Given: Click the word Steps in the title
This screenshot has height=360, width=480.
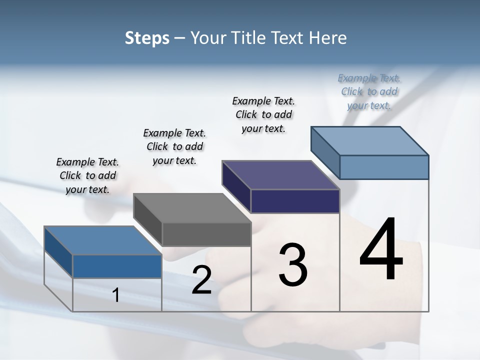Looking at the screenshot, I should [147, 38].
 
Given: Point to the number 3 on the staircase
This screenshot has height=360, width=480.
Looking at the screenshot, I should [293, 265].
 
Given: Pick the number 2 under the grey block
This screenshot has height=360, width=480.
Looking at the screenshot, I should [201, 280].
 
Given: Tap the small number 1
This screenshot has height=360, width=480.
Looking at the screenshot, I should [116, 295].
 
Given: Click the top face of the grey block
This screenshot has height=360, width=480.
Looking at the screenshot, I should [192, 208].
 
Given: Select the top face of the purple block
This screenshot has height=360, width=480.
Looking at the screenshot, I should [281, 175].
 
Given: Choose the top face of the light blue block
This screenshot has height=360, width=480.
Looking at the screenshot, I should [370, 141].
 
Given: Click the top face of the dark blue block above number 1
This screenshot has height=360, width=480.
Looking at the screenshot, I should [103, 240].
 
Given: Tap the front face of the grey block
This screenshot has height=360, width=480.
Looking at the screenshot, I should [206, 234].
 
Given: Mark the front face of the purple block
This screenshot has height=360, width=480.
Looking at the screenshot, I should [295, 201].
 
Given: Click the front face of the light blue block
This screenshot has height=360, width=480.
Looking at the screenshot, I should [384, 167].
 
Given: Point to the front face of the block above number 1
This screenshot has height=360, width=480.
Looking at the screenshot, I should [117, 266].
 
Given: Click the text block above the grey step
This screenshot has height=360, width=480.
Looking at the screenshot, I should [174, 146].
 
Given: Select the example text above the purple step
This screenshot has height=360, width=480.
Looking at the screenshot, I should [263, 114].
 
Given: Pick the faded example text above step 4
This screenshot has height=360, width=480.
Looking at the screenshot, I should [369, 91].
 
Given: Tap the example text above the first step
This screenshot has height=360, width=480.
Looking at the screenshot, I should [87, 175].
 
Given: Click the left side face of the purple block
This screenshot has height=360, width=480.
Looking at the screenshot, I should [236, 186].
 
